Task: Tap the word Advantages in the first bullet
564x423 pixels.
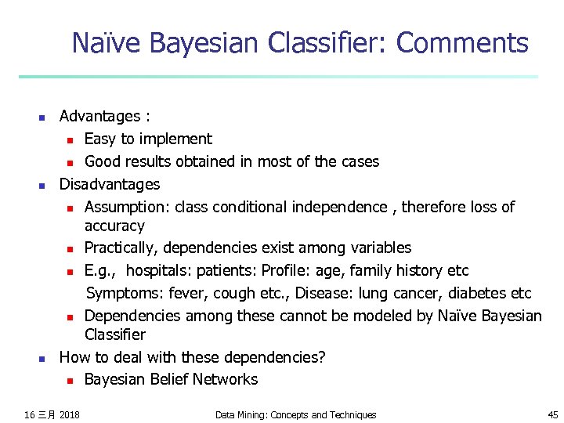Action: point(99,117)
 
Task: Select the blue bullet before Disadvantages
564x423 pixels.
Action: point(42,186)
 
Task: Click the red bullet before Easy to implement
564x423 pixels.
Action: point(70,140)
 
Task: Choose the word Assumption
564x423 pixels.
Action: point(126,208)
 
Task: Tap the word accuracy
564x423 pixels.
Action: point(114,226)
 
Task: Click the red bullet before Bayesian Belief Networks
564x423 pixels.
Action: point(70,381)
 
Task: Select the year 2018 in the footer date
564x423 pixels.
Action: point(69,414)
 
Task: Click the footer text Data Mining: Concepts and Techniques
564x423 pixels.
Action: point(295,414)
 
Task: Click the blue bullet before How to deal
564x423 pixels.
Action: point(42,359)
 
